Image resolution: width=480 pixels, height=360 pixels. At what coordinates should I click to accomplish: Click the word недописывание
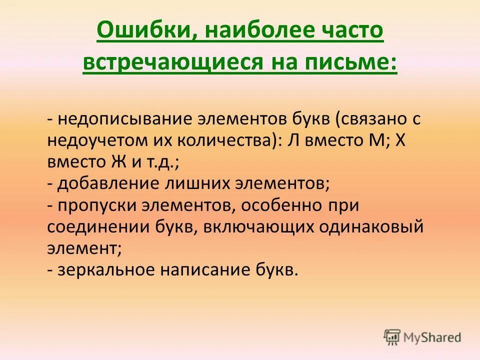(123, 119)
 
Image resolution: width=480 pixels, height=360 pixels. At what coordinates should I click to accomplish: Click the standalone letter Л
(294, 141)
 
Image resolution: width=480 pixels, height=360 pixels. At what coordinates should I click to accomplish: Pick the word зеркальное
(106, 270)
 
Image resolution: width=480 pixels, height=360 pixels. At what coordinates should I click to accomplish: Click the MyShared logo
(422, 337)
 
